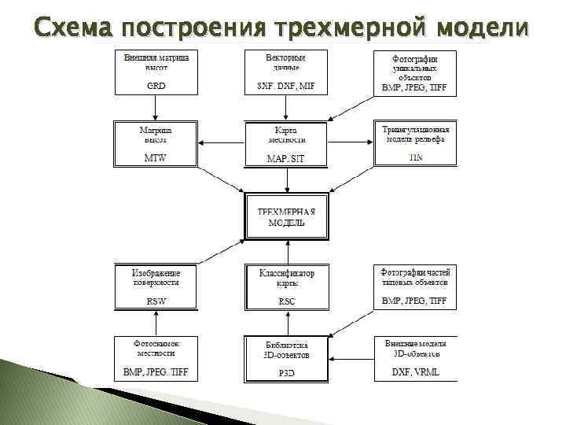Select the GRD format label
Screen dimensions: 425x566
(x=156, y=86)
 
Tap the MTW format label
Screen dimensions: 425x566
(x=156, y=157)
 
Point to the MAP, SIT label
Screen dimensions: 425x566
(x=285, y=158)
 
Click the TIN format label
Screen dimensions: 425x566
(x=415, y=157)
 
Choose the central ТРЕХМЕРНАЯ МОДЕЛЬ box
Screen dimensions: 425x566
(x=286, y=216)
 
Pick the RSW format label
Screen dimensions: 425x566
(x=156, y=301)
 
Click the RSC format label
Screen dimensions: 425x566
(x=286, y=301)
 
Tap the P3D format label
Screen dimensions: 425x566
(x=286, y=373)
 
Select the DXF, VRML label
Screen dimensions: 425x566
(x=415, y=371)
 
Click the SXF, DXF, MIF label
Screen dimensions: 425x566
(x=285, y=86)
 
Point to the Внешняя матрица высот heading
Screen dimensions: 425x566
(x=156, y=62)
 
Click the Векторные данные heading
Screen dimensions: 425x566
(x=285, y=62)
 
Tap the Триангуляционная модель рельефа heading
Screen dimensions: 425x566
(x=415, y=134)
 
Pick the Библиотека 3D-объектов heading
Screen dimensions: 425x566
(x=286, y=349)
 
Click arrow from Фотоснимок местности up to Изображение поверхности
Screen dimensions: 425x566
(x=156, y=323)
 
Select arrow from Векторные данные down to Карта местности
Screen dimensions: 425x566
(x=286, y=108)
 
